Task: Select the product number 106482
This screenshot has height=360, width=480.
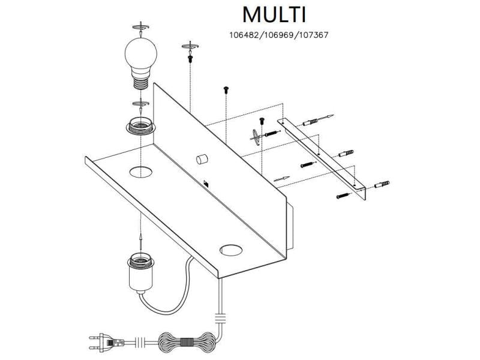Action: [245, 35]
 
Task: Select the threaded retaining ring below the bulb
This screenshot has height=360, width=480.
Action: [140, 125]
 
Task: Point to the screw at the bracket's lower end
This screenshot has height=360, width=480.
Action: [343, 194]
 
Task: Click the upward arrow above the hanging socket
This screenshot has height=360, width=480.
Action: [139, 240]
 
